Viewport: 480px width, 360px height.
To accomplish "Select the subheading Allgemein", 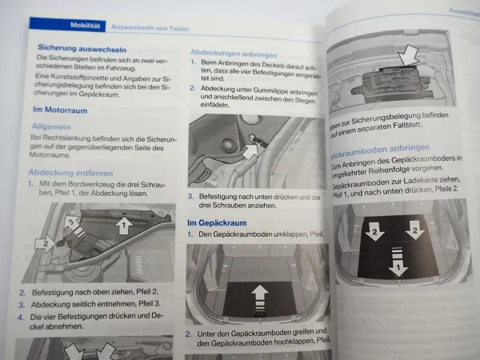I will [50, 126].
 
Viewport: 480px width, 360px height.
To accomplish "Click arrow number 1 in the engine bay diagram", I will [122, 226].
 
